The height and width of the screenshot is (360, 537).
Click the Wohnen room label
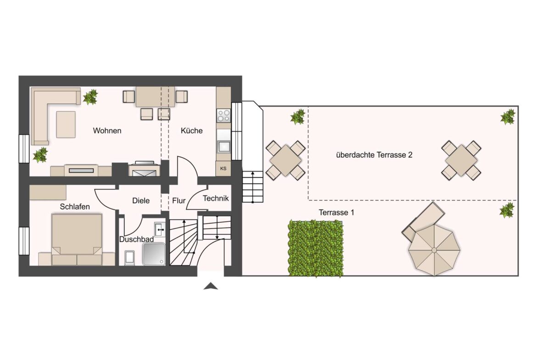[107, 130]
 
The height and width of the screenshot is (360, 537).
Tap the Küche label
[191, 130]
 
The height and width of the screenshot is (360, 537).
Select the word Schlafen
[75, 206]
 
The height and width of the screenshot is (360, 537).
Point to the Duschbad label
[136, 239]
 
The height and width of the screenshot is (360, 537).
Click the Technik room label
[216, 198]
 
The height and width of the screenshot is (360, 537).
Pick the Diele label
[141, 200]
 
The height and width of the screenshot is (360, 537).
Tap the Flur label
[179, 200]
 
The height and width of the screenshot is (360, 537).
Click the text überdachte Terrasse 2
[374, 155]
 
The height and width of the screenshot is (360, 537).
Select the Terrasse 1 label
[336, 212]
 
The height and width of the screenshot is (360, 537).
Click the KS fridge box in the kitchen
[224, 168]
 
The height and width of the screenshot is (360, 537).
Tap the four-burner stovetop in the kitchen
[224, 116]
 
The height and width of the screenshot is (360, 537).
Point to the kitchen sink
[224, 145]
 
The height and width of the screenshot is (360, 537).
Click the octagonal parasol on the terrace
[434, 250]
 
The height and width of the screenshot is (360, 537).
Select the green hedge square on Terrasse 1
[315, 248]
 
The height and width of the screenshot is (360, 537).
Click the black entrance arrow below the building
[211, 286]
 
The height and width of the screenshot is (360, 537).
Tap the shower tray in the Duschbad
[154, 254]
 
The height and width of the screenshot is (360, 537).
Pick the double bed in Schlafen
[77, 239]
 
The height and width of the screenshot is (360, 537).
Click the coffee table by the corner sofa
[66, 125]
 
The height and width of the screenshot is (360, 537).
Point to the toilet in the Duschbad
[129, 258]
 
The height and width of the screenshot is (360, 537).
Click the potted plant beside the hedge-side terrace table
[297, 116]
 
